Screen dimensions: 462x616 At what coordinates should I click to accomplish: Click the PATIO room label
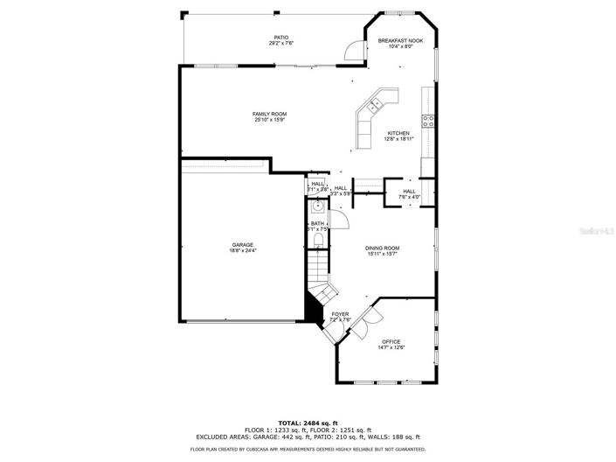[280, 38]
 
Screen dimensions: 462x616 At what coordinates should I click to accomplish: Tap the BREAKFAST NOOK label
[400, 41]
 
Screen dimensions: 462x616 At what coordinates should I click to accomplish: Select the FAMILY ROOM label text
[269, 115]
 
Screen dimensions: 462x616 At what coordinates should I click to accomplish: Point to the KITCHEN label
[398, 134]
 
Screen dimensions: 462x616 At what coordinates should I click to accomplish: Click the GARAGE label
[243, 245]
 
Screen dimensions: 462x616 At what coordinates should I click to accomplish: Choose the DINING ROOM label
[382, 248]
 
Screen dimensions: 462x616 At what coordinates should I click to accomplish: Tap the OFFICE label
[391, 341]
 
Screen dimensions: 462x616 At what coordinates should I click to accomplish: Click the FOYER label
[340, 313]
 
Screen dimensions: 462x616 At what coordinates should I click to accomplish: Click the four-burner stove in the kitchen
[429, 122]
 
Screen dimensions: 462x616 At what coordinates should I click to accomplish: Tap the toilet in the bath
[318, 240]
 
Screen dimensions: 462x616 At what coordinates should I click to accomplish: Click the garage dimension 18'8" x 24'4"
[243, 250]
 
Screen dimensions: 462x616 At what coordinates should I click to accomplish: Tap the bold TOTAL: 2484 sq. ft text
[308, 422]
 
